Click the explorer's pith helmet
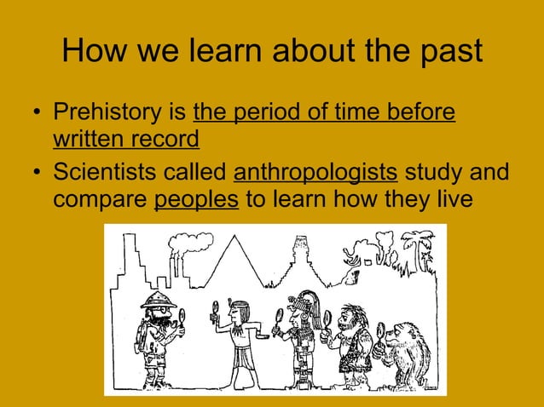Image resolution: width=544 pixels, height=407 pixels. [x=158, y=299]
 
